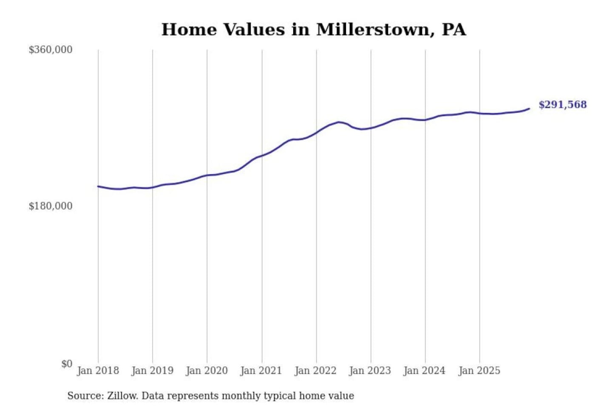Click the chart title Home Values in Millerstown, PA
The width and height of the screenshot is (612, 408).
pyautogui.click(x=314, y=30)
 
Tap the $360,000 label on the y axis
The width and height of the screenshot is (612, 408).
pyautogui.click(x=51, y=50)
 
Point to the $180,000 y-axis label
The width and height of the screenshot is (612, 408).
pyautogui.click(x=51, y=206)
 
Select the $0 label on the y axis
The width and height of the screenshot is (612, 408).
pyautogui.click(x=67, y=364)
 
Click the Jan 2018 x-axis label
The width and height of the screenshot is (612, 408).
pyautogui.click(x=98, y=371)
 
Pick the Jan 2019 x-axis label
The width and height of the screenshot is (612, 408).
pyautogui.click(x=152, y=371)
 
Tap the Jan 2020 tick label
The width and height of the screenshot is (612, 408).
pyautogui.click(x=207, y=371)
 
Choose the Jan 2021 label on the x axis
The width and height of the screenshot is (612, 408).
pyautogui.click(x=261, y=371)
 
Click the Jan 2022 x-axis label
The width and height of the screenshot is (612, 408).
pyautogui.click(x=315, y=371)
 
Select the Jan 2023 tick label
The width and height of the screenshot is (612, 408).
pyautogui.click(x=370, y=371)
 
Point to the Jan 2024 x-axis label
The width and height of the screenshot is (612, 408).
pyautogui.click(x=424, y=371)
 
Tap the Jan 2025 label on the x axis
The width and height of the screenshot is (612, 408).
pyautogui.click(x=479, y=371)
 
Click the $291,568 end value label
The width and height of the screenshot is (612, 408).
pyautogui.click(x=562, y=105)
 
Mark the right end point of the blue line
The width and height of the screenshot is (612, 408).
pyautogui.click(x=529, y=109)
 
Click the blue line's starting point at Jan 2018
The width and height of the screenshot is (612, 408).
pyautogui.click(x=98, y=186)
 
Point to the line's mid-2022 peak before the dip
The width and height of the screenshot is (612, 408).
pyautogui.click(x=339, y=122)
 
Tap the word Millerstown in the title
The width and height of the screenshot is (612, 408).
pyautogui.click(x=373, y=30)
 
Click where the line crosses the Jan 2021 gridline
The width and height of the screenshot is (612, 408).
pyautogui.click(x=262, y=156)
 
